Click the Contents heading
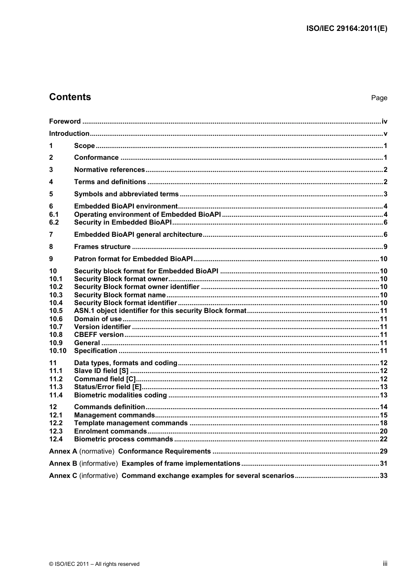click(70, 97)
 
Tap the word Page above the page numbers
click(379, 98)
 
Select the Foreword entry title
click(65, 121)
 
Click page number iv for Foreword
click(384, 121)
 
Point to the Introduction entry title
click(69, 134)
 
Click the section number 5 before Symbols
click(51, 194)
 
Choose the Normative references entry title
click(109, 170)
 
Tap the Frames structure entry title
click(102, 247)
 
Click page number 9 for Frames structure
click(385, 247)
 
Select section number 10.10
click(57, 351)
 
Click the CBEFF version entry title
click(99, 335)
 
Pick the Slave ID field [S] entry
click(101, 371)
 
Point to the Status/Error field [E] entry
click(108, 387)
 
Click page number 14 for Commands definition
click(383, 407)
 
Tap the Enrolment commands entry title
click(110, 431)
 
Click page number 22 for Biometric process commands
click(383, 439)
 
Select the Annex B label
click(63, 464)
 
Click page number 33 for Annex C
click(383, 476)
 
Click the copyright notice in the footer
click(94, 564)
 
